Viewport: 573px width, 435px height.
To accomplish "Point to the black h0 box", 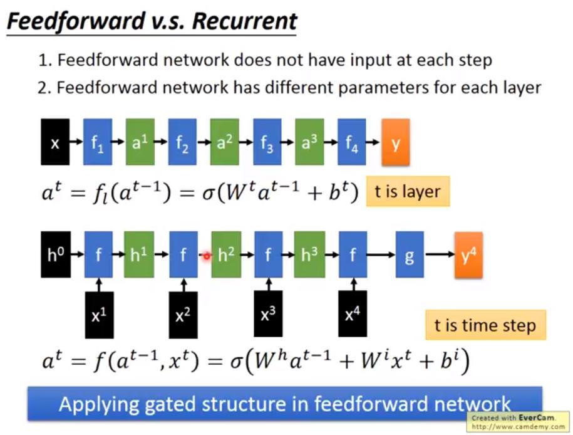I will [x=55, y=254].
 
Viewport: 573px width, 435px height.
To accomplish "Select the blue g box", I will [x=410, y=254].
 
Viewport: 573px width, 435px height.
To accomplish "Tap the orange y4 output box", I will [x=468, y=254].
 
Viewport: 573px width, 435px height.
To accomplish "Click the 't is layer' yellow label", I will [x=408, y=191].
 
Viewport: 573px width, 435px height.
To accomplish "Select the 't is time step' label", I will [x=485, y=325].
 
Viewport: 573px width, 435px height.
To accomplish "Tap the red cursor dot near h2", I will [x=206, y=256].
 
